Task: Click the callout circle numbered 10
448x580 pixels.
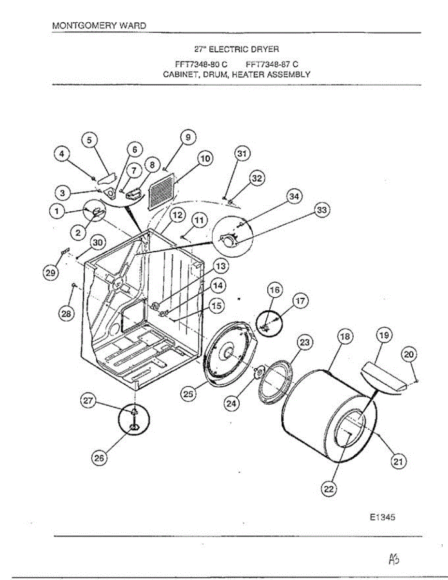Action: pos(205,158)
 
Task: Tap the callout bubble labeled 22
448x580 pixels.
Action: pos(329,489)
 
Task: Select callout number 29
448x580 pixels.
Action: pos(50,273)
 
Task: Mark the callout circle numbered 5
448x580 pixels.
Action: pos(88,140)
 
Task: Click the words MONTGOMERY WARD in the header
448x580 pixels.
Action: pos(99,25)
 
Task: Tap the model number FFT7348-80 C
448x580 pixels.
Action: pos(201,63)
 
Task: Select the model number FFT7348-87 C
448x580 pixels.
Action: pos(272,63)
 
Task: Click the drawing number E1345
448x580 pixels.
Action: pos(383,517)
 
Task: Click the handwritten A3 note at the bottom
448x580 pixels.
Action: pos(393,559)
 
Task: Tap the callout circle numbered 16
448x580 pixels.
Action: pos(275,290)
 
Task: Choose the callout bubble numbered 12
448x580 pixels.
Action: pos(177,215)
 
